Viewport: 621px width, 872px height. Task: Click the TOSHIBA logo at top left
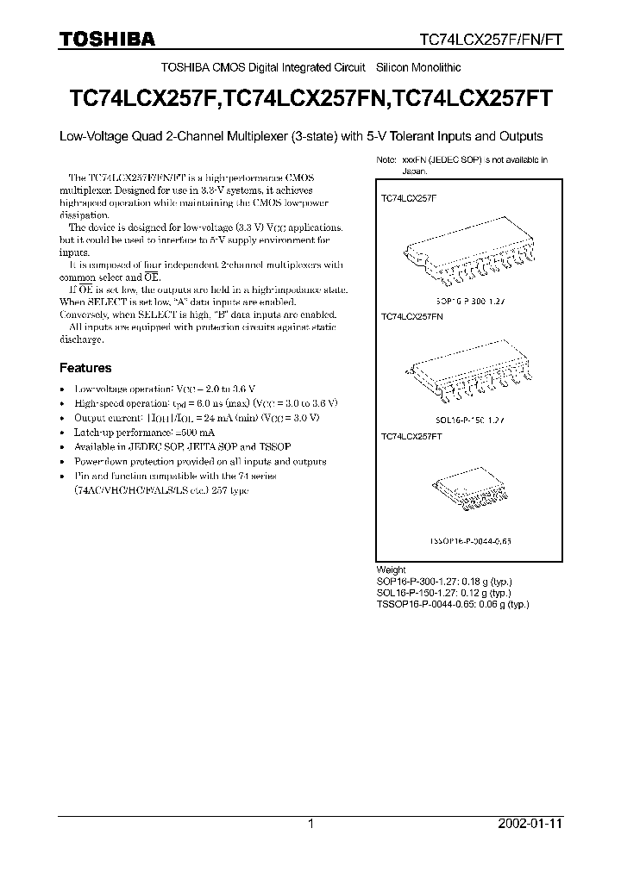click(x=106, y=39)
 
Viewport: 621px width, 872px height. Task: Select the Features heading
click(x=85, y=367)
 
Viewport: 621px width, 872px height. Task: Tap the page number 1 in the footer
click(x=310, y=824)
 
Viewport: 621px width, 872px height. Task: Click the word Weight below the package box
click(x=391, y=570)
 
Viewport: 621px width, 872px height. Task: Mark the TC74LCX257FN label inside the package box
click(x=411, y=317)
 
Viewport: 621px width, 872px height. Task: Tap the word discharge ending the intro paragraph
click(x=81, y=339)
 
